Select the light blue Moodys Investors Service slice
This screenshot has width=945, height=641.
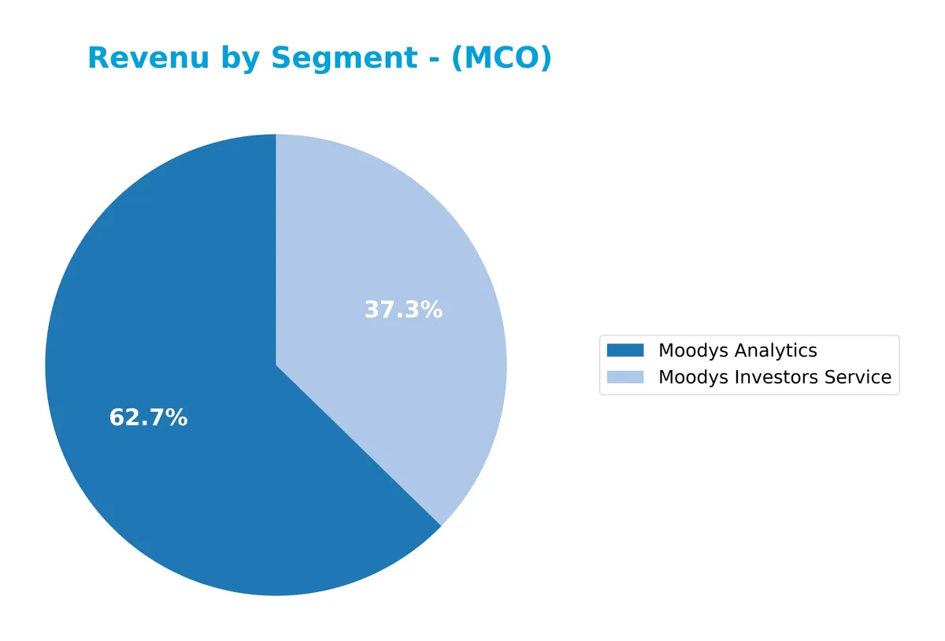pyautogui.click(x=409, y=260)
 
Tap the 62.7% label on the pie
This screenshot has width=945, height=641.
pyautogui.click(x=148, y=418)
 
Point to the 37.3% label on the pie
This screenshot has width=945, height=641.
pyautogui.click(x=403, y=310)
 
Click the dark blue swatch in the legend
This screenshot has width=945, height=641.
pyautogui.click(x=625, y=350)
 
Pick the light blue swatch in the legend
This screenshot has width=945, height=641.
pyautogui.click(x=625, y=377)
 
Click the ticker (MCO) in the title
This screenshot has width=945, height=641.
pyautogui.click(x=501, y=58)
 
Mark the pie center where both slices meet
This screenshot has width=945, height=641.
pyautogui.click(x=276, y=365)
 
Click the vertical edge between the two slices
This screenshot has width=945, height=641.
pyautogui.click(x=276, y=252)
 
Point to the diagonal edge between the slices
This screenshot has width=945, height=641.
pyautogui.click(x=358, y=446)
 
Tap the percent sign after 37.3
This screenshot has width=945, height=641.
pyautogui.click(x=432, y=310)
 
